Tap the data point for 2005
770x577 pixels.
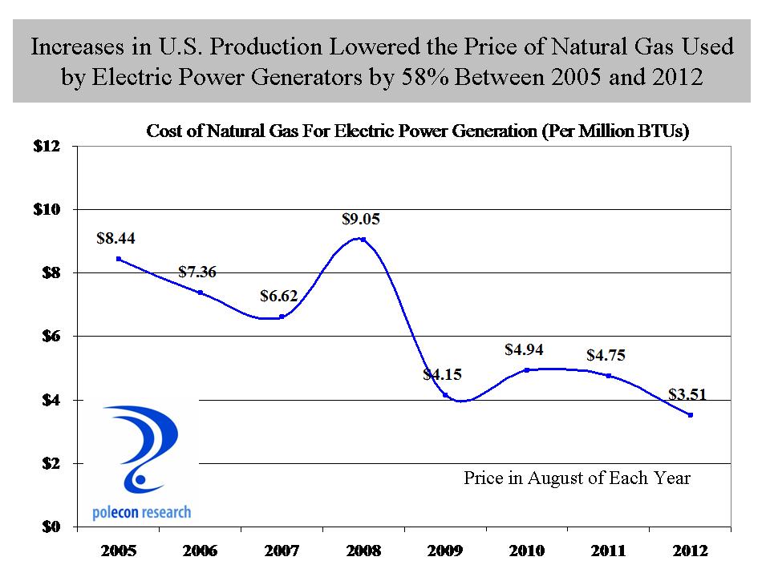(x=119, y=259)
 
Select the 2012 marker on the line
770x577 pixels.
(x=690, y=414)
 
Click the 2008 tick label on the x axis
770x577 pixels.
(x=363, y=551)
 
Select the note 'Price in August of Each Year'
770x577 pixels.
(x=577, y=478)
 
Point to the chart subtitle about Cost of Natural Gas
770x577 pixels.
(x=418, y=132)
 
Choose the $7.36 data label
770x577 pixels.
(x=197, y=272)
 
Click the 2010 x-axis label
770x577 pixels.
(x=526, y=551)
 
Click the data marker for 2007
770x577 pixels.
(x=282, y=317)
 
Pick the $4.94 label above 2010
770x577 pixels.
(x=525, y=349)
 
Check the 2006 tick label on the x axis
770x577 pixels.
(x=200, y=551)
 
